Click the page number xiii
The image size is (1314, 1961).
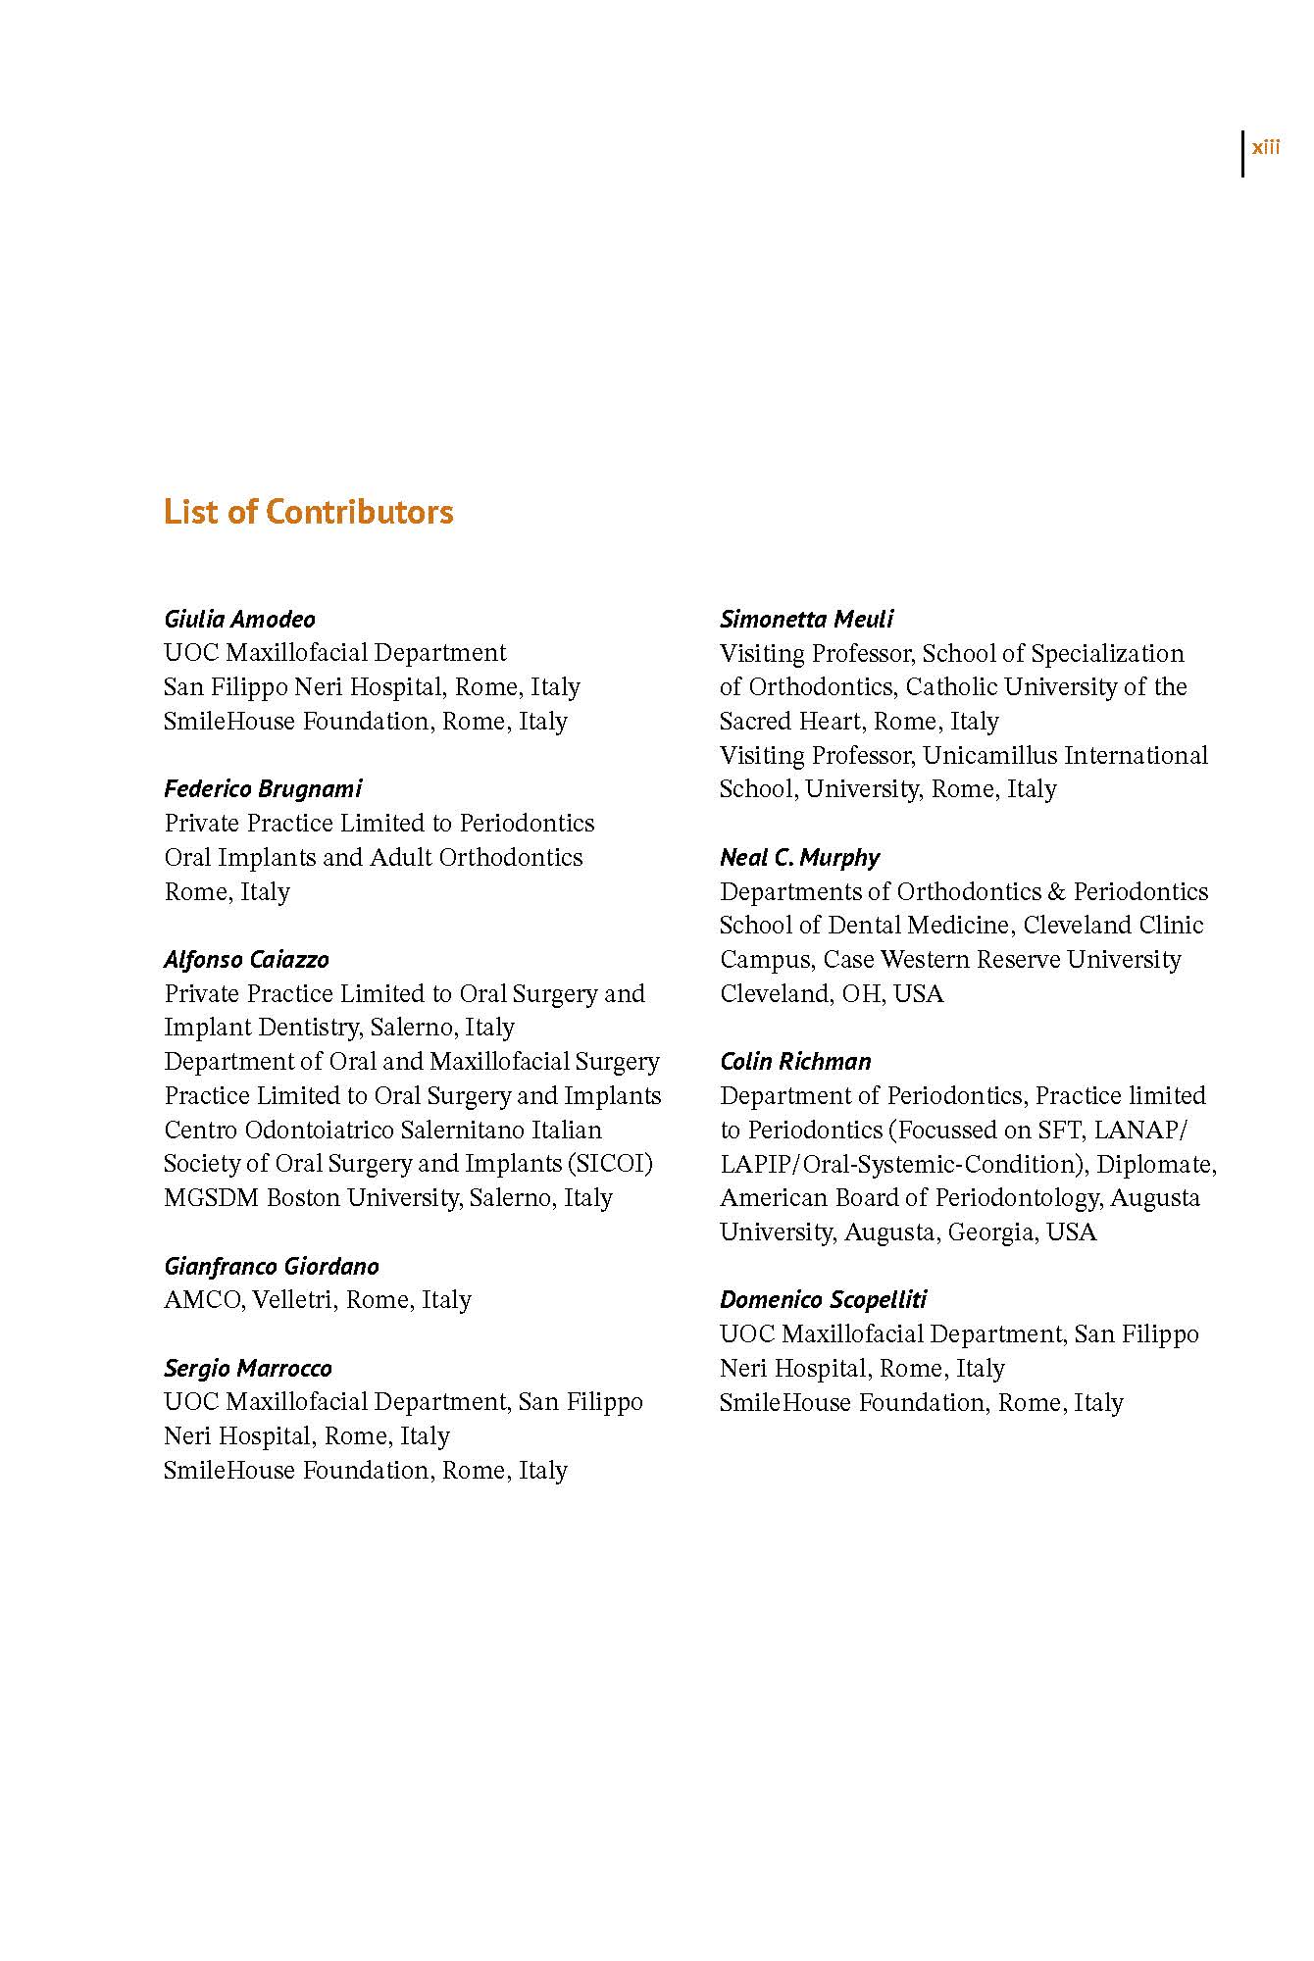(x=1265, y=148)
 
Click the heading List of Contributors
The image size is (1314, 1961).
(x=308, y=512)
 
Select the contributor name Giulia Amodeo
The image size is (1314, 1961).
(x=239, y=619)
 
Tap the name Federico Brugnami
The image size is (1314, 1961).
(x=263, y=788)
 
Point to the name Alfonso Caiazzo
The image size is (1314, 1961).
(x=246, y=959)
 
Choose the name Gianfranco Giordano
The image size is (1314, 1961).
(x=271, y=1266)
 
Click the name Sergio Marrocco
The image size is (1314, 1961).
(x=247, y=1368)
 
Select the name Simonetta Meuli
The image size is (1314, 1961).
(x=806, y=619)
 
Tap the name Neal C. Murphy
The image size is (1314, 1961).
(x=799, y=858)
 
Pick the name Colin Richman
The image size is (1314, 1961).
(x=795, y=1062)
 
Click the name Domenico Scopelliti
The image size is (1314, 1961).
(x=823, y=1300)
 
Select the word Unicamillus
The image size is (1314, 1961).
(x=989, y=755)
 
